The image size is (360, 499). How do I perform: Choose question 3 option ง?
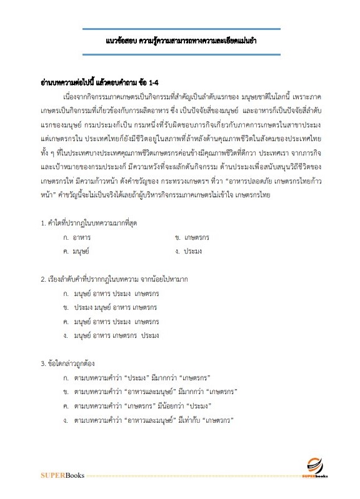(x=147, y=421)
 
